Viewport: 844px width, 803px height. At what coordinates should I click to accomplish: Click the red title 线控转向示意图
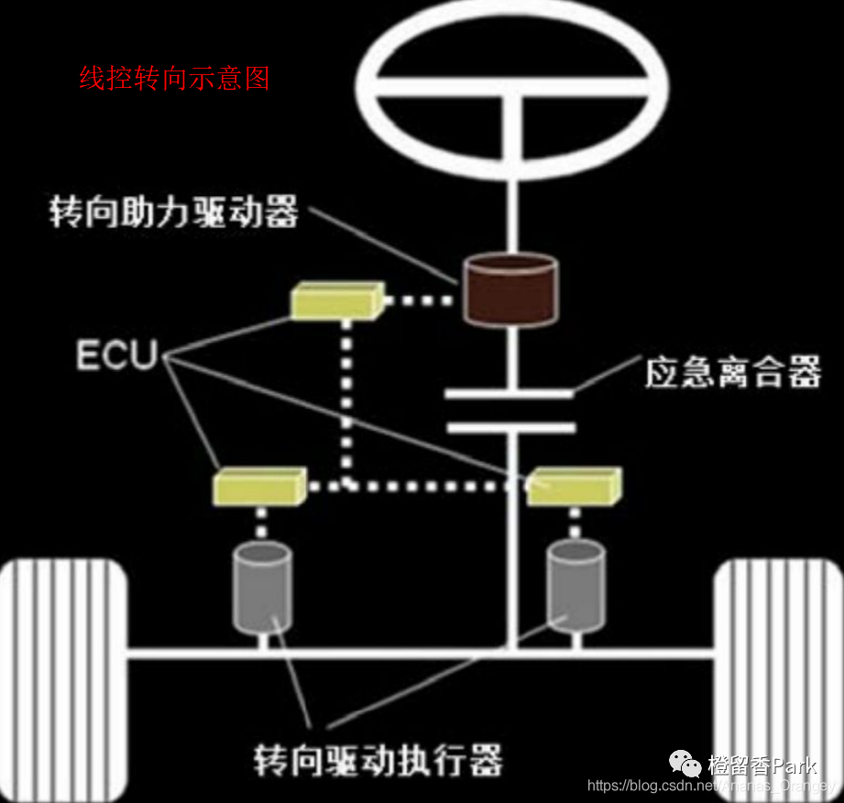tap(174, 79)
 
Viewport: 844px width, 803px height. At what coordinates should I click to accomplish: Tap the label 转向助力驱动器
tap(174, 212)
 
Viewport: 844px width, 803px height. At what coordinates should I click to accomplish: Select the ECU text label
tap(116, 354)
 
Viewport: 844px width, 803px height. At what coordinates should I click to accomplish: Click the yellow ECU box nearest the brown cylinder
tap(335, 300)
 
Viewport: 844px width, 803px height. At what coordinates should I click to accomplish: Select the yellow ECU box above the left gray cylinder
tap(259, 487)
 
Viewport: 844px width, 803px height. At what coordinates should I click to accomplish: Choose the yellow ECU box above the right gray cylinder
tap(575, 485)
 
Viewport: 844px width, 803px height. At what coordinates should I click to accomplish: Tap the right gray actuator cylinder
tap(575, 587)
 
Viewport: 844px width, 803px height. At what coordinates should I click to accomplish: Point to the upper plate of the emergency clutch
tap(509, 395)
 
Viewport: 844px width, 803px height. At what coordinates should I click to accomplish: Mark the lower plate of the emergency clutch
tap(509, 428)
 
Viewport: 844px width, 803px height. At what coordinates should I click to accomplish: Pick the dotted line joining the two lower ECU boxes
tap(417, 486)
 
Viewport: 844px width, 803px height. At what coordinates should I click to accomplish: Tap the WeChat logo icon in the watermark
tap(685, 763)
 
